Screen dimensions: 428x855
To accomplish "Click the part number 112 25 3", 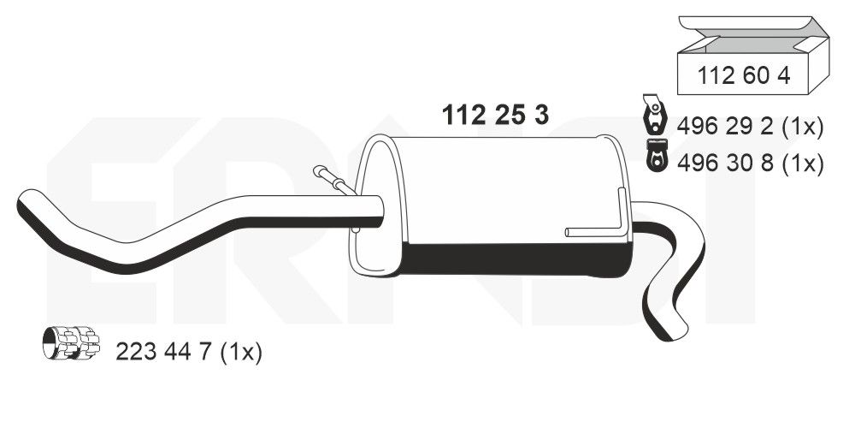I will (495, 115).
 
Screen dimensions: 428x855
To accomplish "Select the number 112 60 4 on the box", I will (743, 75).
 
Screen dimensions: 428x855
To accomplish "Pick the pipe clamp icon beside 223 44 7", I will (71, 344).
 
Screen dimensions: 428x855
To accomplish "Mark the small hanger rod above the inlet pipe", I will (333, 180).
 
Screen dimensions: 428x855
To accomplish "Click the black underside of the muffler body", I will (513, 259).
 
